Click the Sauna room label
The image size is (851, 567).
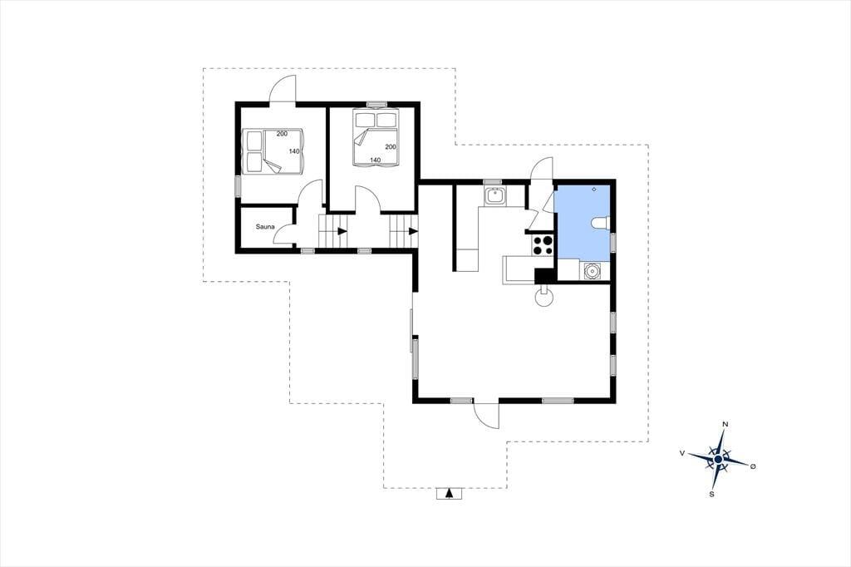pos(265,227)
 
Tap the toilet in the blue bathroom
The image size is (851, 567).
pos(601,223)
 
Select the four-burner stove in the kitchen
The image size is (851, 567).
pos(543,244)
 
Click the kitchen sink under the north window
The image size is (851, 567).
pos(495,195)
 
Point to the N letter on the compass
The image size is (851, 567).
pos(725,424)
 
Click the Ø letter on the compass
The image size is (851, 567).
pos(753,466)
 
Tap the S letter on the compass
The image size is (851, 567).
pos(711,494)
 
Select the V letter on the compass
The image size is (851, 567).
pos(681,452)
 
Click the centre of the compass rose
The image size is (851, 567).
pos(718,460)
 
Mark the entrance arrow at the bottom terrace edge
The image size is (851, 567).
pos(448,493)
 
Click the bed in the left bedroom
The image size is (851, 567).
pos(272,151)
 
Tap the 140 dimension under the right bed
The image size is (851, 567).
pos(375,160)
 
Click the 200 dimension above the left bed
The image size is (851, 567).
pos(282,133)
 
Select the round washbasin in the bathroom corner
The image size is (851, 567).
pos(592,270)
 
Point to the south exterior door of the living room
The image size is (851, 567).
pos(486,415)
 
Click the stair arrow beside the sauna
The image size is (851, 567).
pos(342,231)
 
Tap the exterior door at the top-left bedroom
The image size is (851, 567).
pos(283,88)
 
